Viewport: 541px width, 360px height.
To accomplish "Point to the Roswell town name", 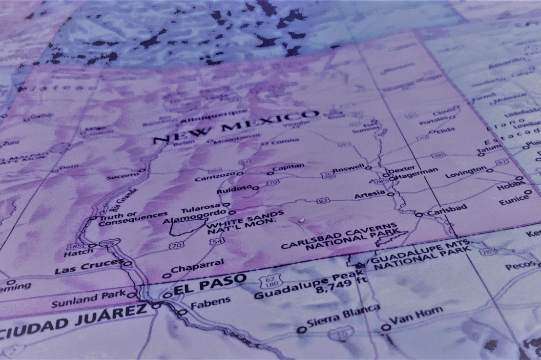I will (348, 169).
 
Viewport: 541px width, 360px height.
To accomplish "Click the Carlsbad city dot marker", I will (419, 214).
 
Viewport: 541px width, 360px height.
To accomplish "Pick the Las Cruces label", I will (88, 268).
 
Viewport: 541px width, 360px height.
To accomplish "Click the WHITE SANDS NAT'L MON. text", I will (244, 222).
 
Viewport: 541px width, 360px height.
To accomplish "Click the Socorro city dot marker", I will (142, 171).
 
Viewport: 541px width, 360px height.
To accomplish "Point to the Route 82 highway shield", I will (322, 200).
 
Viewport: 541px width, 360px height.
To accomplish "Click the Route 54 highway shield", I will (218, 241).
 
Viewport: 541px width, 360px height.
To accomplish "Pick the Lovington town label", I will (466, 173).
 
